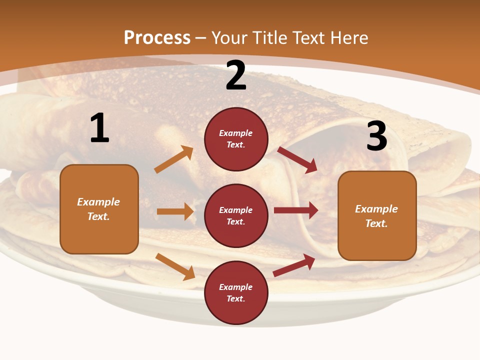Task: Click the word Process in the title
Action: coord(157,38)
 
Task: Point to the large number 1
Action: coord(99,128)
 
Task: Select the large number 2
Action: coord(236,76)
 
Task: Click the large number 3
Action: coord(376,136)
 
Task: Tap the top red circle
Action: coord(236,139)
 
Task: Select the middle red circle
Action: coord(236,215)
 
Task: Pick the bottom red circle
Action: coord(236,292)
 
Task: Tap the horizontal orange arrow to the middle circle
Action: coord(175,211)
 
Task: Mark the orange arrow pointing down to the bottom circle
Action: coord(175,266)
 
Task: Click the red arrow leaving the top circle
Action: coord(297,159)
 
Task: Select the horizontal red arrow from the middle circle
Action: coord(295,210)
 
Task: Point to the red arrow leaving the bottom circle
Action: coord(294,265)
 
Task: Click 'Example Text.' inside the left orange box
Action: coord(98,209)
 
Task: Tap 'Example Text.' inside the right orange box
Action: coord(376,216)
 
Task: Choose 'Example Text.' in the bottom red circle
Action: coord(236,292)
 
